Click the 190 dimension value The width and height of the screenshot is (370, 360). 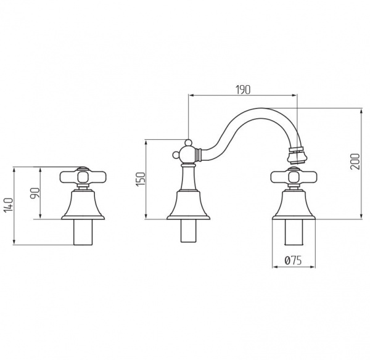243,89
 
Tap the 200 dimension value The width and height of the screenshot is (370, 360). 355,162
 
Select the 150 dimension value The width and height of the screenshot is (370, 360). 141,179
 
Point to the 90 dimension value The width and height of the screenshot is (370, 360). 36,193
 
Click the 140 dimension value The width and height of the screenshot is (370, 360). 9,205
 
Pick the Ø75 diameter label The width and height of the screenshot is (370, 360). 293,261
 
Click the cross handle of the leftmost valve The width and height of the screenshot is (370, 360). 83,177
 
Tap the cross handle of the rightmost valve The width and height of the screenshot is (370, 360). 294,177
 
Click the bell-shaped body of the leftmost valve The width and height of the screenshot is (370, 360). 83,205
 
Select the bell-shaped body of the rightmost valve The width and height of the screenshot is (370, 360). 294,205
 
